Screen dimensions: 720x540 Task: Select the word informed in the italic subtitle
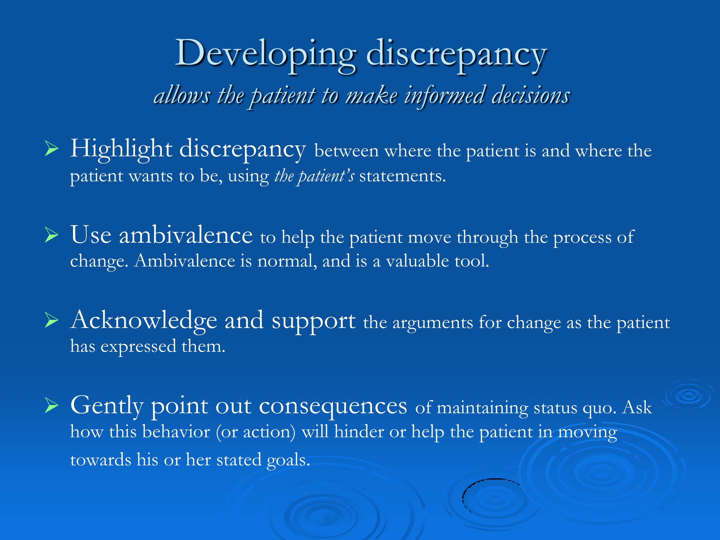[445, 96]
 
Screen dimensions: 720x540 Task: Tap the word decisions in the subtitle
[531, 95]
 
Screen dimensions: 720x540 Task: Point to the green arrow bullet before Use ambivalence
[51, 235]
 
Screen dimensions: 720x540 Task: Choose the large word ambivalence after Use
[186, 235]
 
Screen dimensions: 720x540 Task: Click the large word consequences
[333, 406]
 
